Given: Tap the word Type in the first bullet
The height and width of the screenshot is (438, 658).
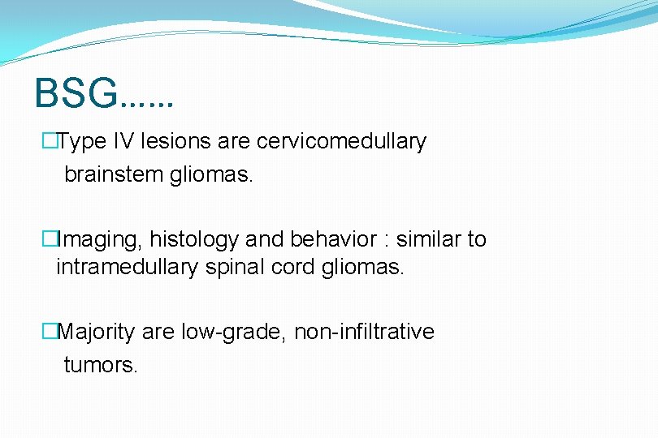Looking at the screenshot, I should tap(78, 142).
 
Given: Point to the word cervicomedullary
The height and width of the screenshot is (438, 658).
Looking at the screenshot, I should tap(341, 142).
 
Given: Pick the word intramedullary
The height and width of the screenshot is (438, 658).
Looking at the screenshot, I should tap(127, 267).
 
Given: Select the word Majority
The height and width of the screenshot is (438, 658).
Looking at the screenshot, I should tap(97, 332).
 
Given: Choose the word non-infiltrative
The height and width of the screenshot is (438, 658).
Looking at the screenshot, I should tap(364, 332).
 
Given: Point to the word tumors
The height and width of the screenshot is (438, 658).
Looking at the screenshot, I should tap(101, 365).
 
